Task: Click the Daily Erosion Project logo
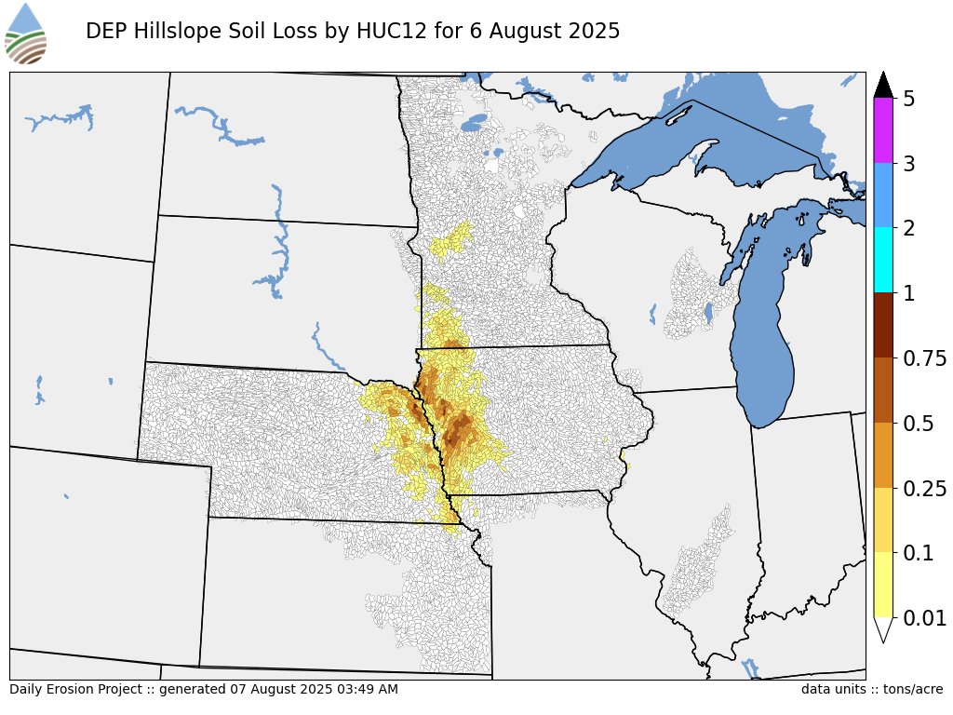pos(26,34)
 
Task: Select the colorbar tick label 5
pos(909,99)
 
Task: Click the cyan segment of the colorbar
pos(883,261)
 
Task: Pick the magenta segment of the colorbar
pos(883,131)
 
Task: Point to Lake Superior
pos(707,140)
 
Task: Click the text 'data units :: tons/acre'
pos(871,690)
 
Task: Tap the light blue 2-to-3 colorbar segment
pos(883,196)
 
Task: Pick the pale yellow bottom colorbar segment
pos(883,585)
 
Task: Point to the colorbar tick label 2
pos(909,228)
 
